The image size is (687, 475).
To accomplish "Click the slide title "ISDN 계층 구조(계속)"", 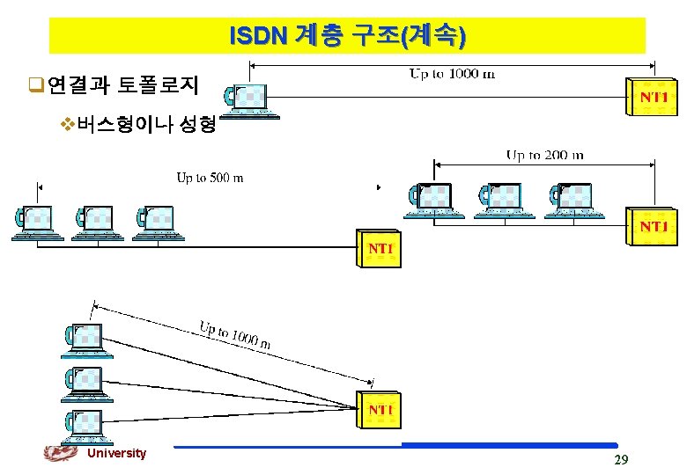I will click(347, 36).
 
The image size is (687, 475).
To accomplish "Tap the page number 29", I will click(620, 459).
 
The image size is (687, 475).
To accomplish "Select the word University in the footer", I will click(116, 453).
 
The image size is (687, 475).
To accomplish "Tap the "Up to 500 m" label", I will click(210, 178).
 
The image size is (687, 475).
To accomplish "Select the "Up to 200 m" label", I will click(544, 155).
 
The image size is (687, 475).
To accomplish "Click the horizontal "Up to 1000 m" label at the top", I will click(452, 74).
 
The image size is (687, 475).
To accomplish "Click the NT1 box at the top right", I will click(653, 97).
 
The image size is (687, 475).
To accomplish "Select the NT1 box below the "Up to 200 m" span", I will click(653, 228).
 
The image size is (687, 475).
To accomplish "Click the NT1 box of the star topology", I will click(380, 410).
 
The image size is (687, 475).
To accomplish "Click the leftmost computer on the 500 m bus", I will click(37, 222).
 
